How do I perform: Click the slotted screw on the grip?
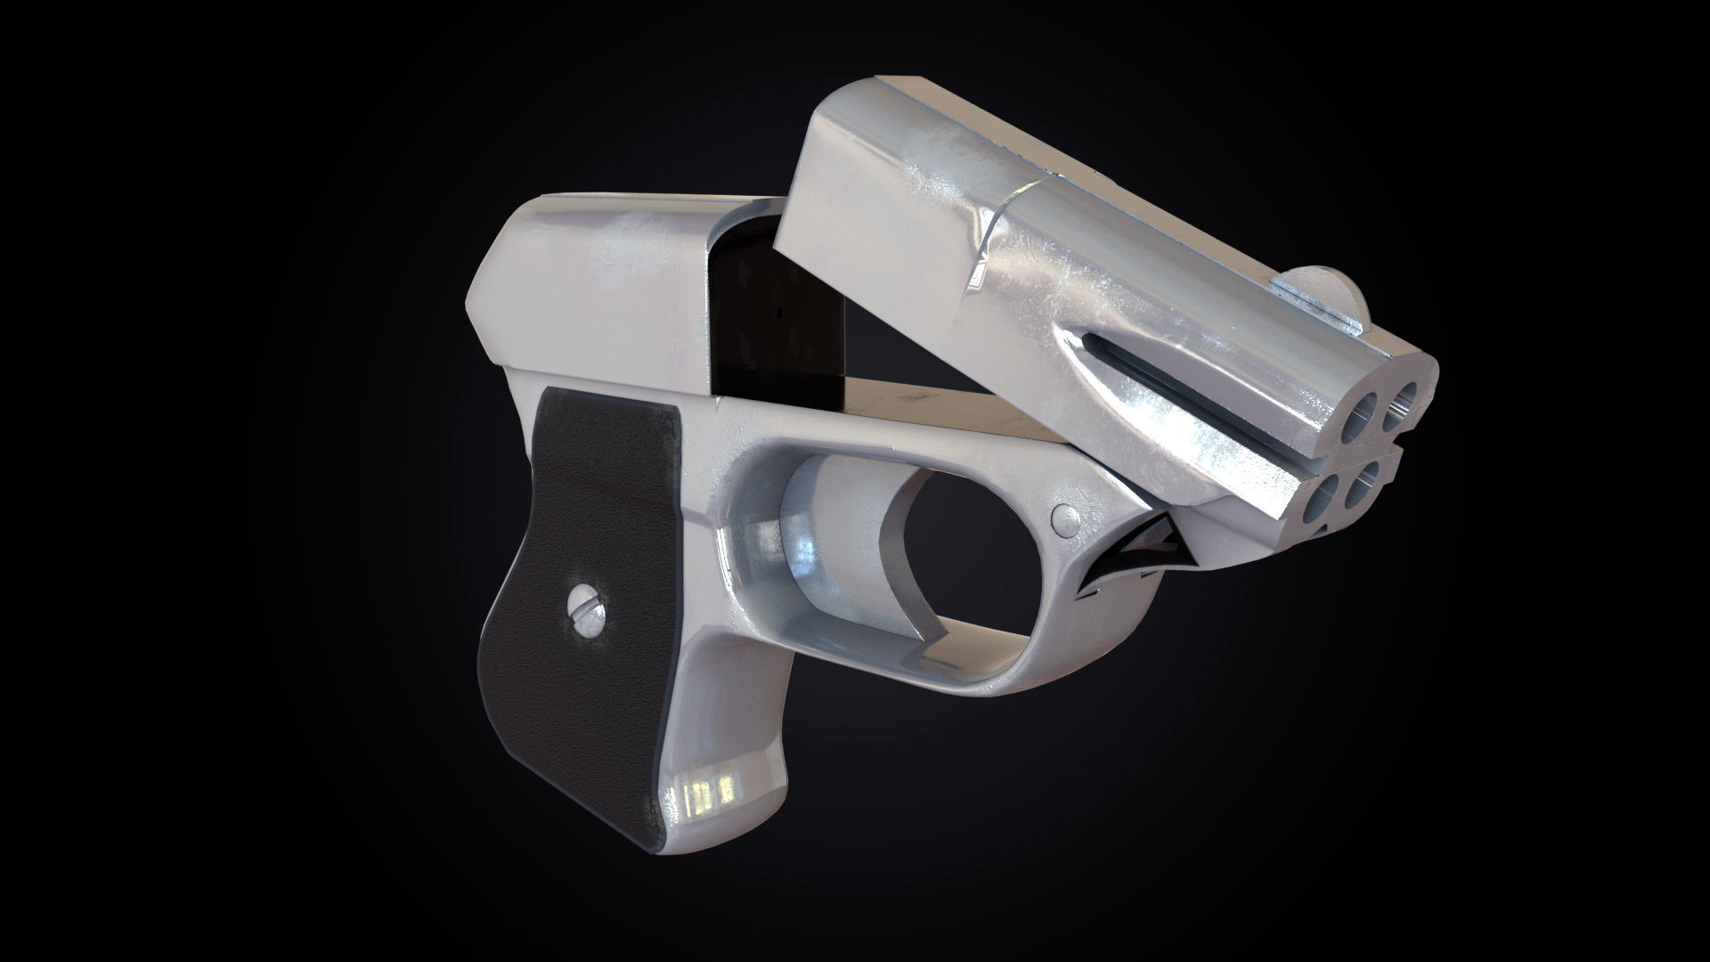585,611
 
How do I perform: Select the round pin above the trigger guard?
1063,516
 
